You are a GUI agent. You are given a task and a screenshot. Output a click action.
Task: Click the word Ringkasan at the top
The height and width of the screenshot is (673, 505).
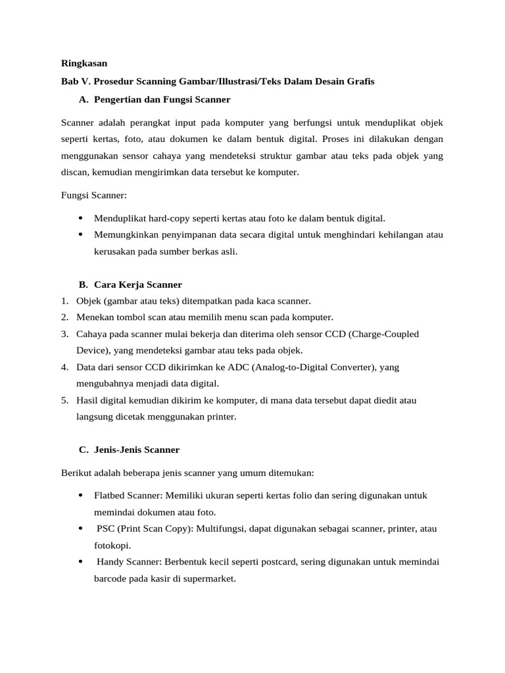pyautogui.click(x=84, y=64)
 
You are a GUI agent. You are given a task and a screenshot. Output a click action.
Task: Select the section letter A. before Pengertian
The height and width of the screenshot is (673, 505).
pyautogui.click(x=83, y=100)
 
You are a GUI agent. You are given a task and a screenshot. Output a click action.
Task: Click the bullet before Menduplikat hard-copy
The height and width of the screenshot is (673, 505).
pyautogui.click(x=80, y=218)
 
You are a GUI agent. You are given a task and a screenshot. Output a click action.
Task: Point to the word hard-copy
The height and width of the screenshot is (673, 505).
pyautogui.click(x=164, y=218)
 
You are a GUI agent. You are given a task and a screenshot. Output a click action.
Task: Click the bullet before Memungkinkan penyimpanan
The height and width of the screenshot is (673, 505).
pyautogui.click(x=80, y=234)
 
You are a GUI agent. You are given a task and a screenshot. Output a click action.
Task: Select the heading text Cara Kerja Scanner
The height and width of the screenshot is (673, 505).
pyautogui.click(x=138, y=285)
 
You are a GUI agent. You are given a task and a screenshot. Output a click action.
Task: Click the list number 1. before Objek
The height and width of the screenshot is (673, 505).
pyautogui.click(x=65, y=301)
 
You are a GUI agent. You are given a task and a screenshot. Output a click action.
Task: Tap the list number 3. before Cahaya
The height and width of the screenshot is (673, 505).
pyautogui.click(x=65, y=334)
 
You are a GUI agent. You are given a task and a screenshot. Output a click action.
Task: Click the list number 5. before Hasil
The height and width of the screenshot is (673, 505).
pyautogui.click(x=65, y=400)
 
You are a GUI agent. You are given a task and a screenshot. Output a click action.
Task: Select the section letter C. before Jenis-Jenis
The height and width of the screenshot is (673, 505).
pyautogui.click(x=83, y=450)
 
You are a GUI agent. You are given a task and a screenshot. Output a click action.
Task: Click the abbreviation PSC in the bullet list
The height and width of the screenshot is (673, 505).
pyautogui.click(x=107, y=528)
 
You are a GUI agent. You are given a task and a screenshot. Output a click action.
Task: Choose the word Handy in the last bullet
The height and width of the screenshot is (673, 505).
pyautogui.click(x=111, y=562)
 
